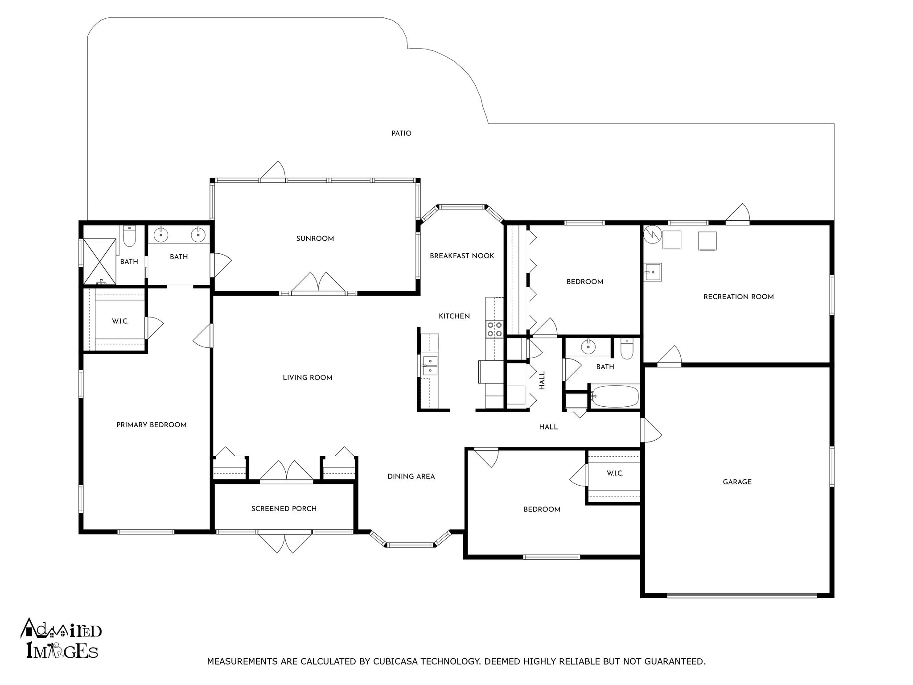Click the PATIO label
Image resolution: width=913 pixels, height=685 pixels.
point(401,133)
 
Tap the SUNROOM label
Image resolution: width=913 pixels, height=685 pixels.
point(315,239)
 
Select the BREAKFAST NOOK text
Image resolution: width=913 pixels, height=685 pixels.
point(462,256)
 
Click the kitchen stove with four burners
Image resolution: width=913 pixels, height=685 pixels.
point(494,329)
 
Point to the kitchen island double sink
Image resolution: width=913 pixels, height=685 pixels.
point(430,365)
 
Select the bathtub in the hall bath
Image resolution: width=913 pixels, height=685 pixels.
point(614,396)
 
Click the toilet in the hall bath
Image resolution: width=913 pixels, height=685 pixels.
point(627,350)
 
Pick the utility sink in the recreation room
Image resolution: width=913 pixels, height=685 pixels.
point(653,272)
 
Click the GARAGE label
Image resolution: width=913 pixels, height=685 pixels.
point(737,482)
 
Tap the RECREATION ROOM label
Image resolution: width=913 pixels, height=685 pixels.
point(738,297)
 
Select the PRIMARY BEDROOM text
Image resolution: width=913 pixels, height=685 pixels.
point(151,425)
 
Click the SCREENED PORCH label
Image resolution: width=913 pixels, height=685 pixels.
point(284,508)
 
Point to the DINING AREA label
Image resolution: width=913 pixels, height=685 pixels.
point(411,476)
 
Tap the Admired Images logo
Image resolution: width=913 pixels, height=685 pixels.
point(61,638)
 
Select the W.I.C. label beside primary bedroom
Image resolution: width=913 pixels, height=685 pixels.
point(120,321)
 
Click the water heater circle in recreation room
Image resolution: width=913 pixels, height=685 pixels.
point(652,234)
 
